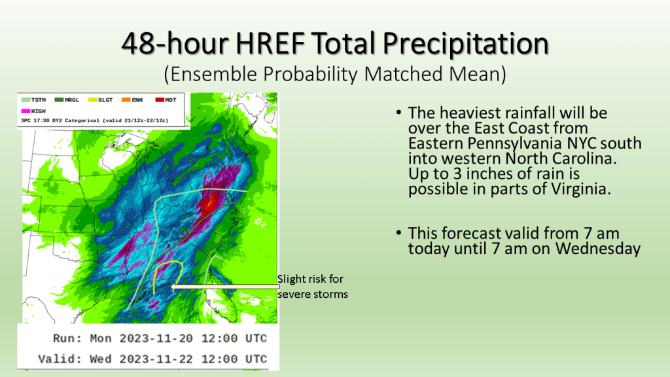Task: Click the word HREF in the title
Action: (x=270, y=44)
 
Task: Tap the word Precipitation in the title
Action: (x=465, y=45)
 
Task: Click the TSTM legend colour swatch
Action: (x=26, y=100)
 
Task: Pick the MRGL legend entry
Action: (x=67, y=100)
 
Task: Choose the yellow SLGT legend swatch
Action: (x=93, y=100)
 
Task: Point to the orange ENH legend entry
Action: (x=132, y=100)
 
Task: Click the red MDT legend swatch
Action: (x=160, y=100)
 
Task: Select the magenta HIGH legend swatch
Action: (x=26, y=111)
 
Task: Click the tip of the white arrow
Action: (x=171, y=287)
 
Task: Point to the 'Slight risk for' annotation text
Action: (x=310, y=279)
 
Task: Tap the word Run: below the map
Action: (x=67, y=338)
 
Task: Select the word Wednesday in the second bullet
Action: (x=598, y=248)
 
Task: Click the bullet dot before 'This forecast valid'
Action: (x=398, y=233)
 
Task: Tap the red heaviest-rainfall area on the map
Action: (x=210, y=205)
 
